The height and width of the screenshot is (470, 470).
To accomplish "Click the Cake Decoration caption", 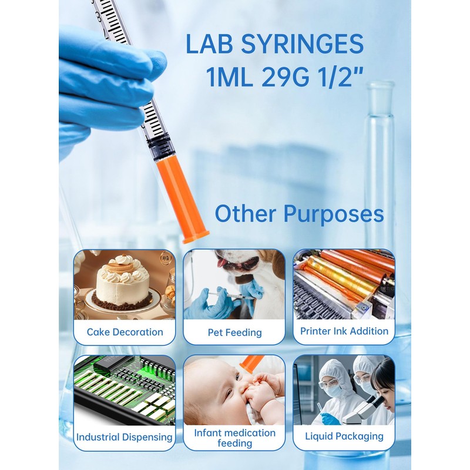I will click(x=125, y=332).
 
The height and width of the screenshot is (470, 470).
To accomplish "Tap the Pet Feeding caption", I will click(x=234, y=333).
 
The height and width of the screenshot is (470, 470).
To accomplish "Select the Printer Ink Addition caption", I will click(x=344, y=331).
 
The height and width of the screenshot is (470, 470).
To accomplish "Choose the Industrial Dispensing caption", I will click(x=125, y=437).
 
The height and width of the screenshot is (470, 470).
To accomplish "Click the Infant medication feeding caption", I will click(x=234, y=438).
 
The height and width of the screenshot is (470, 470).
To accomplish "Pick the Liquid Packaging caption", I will click(x=344, y=437).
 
